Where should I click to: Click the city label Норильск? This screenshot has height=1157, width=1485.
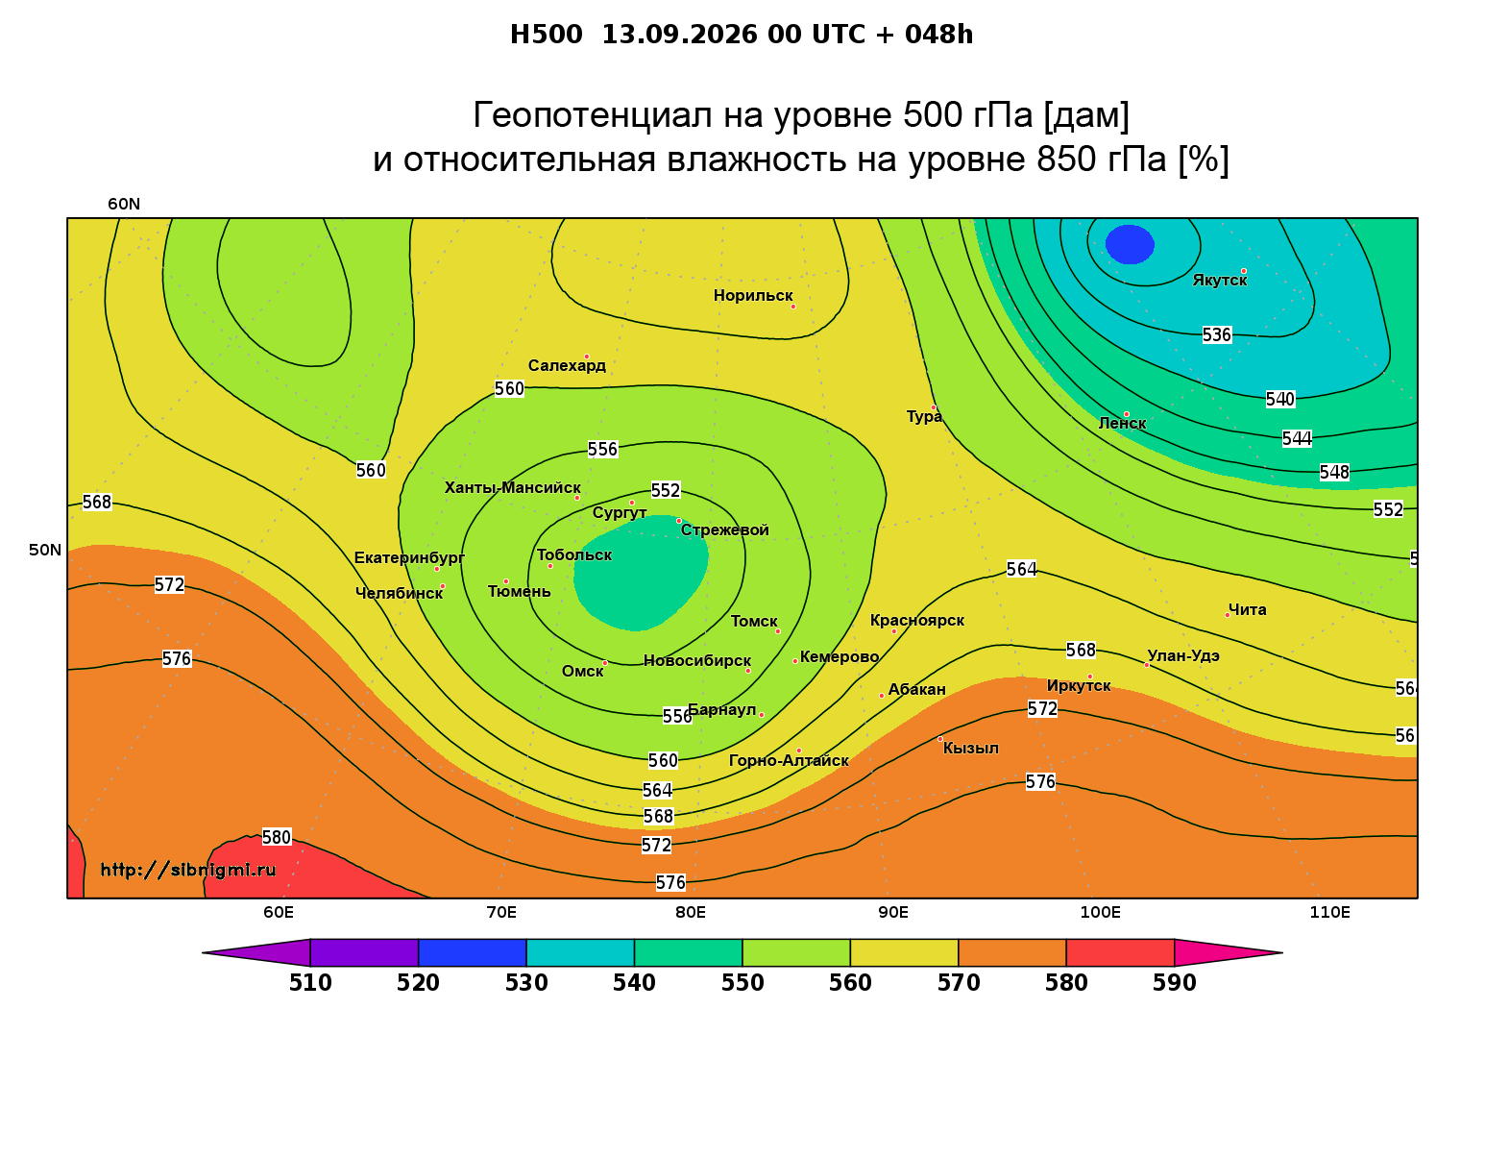pos(752,295)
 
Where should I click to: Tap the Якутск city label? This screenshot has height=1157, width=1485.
pos(1219,280)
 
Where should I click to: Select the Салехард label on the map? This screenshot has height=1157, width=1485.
pos(567,365)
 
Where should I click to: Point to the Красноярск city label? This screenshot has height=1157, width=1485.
pos(916,621)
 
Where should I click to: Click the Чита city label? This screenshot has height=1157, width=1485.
pos(1247,609)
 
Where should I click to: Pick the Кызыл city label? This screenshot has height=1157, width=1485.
pos(970,749)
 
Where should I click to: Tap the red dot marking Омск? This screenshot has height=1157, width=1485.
pos(605,663)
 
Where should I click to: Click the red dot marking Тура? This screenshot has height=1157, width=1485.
pos(934,407)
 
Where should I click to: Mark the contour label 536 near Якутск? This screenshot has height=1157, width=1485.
pos(1216,334)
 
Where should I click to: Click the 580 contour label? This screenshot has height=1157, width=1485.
pos(276,837)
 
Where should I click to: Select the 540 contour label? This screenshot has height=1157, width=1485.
pos(1280,399)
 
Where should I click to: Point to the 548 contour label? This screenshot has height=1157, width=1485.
pos(1334,472)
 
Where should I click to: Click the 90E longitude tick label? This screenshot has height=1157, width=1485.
pos(893,913)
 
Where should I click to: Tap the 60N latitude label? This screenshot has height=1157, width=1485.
pos(124,205)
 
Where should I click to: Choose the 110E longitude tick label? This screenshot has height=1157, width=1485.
pos(1329,913)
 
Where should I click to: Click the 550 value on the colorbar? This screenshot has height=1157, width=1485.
pos(742,983)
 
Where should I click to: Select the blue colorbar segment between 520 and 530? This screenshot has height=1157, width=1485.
pos(473,952)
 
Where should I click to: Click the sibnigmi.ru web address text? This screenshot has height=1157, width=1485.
pos(188,870)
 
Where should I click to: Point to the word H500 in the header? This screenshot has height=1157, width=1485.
pos(546,35)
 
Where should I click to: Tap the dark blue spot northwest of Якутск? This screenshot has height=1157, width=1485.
pos(1130,245)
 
